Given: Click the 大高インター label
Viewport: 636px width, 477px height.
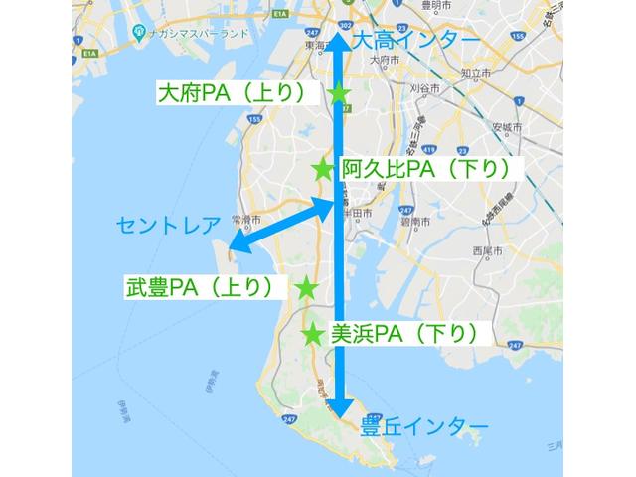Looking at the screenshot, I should tap(414, 41).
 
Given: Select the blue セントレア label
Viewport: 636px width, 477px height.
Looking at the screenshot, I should tap(166, 224).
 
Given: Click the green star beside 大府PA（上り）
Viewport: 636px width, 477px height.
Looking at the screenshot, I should tap(340, 94).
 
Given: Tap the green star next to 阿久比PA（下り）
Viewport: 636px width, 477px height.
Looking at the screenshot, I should tap(323, 170).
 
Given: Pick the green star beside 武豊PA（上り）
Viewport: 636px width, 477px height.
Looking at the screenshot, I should tap(307, 288).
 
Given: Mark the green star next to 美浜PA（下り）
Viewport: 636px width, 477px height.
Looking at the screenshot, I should tap(313, 334).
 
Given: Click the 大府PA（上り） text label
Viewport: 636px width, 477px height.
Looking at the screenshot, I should tap(241, 94).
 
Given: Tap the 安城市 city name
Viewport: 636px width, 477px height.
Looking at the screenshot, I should tap(507, 129).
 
